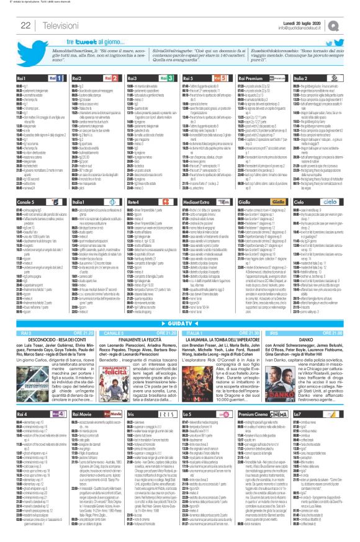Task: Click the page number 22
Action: (12, 25)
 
